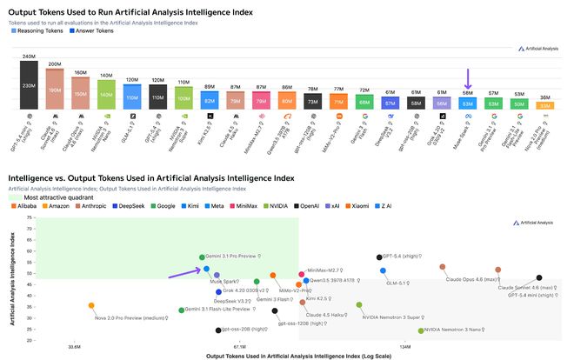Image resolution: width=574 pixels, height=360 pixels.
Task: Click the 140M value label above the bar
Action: click(106, 77)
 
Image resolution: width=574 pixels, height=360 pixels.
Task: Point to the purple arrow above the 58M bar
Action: click(467, 78)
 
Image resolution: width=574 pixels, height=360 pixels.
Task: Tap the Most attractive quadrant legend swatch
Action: click(15, 198)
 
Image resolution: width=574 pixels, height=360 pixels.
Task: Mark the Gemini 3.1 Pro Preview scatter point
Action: click(202, 257)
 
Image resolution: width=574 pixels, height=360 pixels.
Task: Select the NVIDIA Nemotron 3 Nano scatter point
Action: click(421, 330)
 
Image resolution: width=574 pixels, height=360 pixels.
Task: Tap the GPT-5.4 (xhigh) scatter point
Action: click(379, 257)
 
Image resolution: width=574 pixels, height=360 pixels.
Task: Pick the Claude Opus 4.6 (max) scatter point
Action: click(443, 267)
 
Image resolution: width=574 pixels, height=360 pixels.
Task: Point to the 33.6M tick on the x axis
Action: click(75, 347)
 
